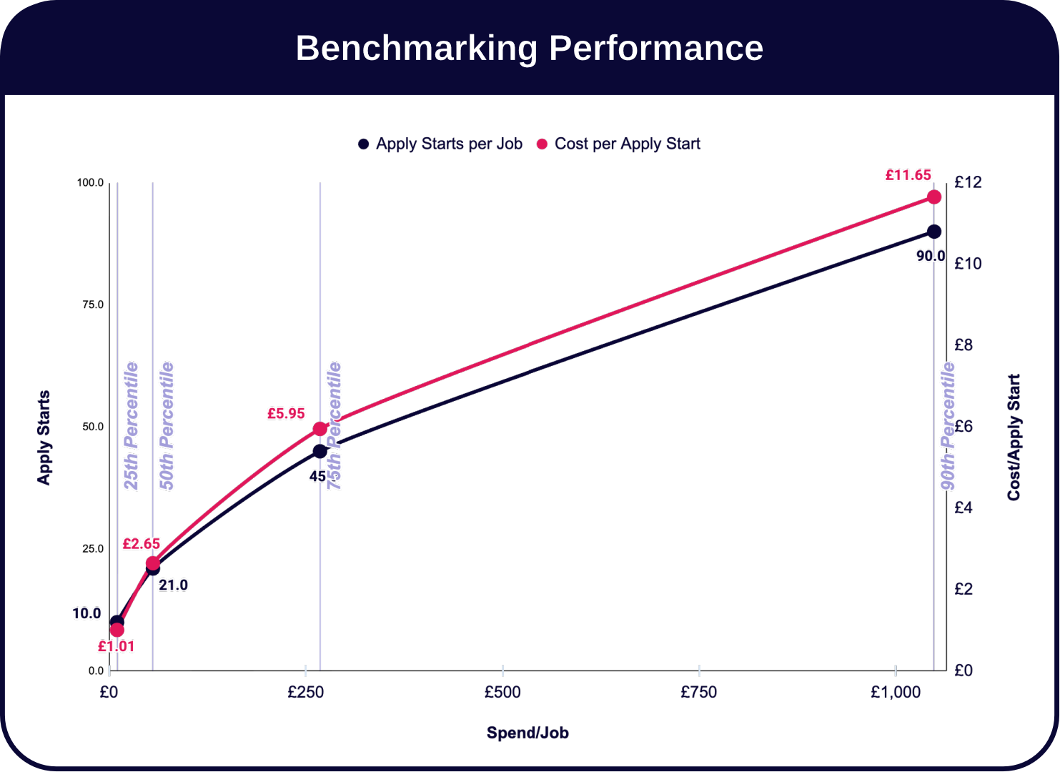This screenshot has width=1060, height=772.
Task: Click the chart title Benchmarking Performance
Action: click(x=529, y=48)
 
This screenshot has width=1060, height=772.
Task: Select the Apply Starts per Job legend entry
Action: click(x=440, y=144)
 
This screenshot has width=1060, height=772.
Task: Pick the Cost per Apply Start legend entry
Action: click(x=618, y=144)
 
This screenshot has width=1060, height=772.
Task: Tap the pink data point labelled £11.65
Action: click(x=933, y=197)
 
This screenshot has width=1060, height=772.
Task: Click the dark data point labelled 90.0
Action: click(x=933, y=232)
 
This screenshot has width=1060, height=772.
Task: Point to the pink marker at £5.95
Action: click(x=320, y=429)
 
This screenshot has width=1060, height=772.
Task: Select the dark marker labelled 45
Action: click(x=320, y=451)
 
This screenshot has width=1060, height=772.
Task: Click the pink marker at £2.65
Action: click(x=153, y=563)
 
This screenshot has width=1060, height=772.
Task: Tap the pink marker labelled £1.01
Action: click(x=117, y=630)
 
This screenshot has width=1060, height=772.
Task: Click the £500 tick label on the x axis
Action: click(x=502, y=692)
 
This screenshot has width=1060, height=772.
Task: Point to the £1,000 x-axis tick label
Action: click(x=896, y=692)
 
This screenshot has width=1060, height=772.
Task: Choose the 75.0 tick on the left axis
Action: click(x=93, y=305)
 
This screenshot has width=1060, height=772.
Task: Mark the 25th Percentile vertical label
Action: click(x=132, y=426)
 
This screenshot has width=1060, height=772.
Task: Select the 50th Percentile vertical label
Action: click(x=167, y=426)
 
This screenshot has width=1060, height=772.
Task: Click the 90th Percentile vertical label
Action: click(x=948, y=426)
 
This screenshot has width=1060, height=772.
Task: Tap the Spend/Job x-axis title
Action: click(x=527, y=733)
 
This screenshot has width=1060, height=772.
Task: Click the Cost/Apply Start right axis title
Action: click(x=1014, y=437)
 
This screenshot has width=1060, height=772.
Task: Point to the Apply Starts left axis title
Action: click(x=44, y=437)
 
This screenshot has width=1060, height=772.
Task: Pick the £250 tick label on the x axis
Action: click(x=306, y=692)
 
